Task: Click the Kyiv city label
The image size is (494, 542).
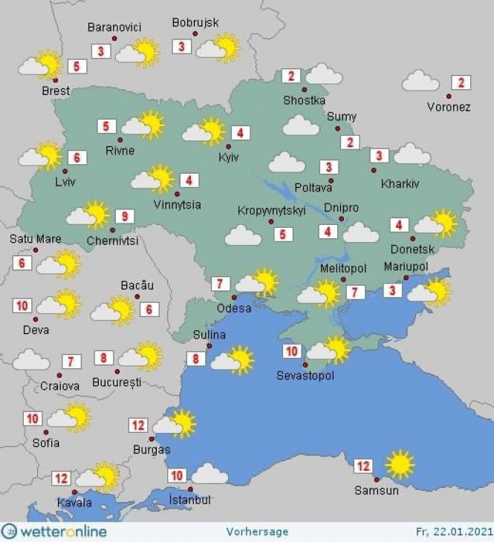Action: pyautogui.click(x=227, y=158)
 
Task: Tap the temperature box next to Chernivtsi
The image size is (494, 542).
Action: pyautogui.click(x=125, y=217)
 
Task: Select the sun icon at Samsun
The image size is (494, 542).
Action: pyautogui.click(x=400, y=464)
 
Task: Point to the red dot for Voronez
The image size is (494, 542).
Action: pyautogui.click(x=449, y=96)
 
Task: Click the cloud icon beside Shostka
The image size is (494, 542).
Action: pyautogui.click(x=323, y=74)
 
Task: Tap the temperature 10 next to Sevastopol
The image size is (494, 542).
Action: pyautogui.click(x=291, y=351)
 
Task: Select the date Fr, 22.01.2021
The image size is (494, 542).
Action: pyautogui.click(x=452, y=532)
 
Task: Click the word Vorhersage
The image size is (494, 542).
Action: pyautogui.click(x=257, y=532)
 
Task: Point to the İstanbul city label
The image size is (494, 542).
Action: pyautogui.click(x=189, y=500)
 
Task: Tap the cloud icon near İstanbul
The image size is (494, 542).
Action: pyautogui.click(x=209, y=474)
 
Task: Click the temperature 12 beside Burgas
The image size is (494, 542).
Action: pyautogui.click(x=138, y=425)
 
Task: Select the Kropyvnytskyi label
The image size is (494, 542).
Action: pyautogui.click(x=272, y=211)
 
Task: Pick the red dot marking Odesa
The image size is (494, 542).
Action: pyautogui.click(x=233, y=298)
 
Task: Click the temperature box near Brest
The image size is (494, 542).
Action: pyautogui.click(x=77, y=66)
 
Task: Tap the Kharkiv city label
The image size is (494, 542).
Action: pyautogui.click(x=400, y=183)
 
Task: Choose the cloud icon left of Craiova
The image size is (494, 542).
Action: pyautogui.click(x=31, y=361)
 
